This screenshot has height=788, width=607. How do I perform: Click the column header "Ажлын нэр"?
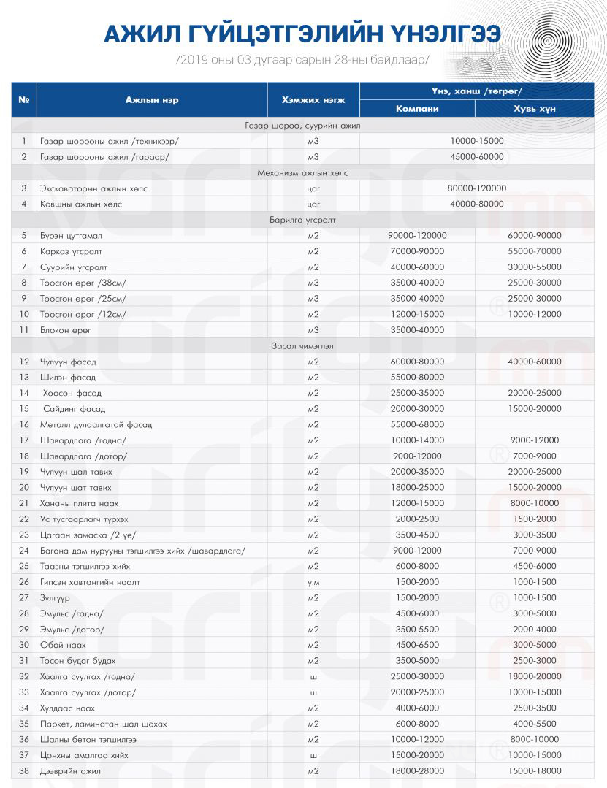(151, 99)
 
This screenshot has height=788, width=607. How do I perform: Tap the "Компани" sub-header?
(417, 108)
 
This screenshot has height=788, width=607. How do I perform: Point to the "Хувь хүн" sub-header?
(535, 108)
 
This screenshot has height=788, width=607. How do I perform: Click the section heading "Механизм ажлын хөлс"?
(302, 172)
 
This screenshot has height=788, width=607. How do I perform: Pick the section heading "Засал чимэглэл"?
(302, 346)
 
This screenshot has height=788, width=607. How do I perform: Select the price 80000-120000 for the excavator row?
(476, 188)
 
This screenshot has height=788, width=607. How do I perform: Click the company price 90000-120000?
(417, 235)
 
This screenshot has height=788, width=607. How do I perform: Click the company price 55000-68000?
(417, 424)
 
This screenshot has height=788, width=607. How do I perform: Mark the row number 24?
(24, 551)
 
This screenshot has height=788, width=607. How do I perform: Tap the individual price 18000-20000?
(535, 676)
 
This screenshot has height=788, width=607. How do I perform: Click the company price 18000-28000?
(417, 771)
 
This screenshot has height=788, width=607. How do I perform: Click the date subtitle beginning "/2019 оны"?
(302, 58)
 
